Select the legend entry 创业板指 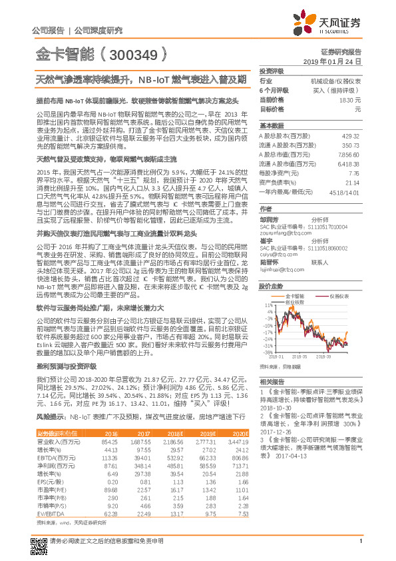(x=297, y=300)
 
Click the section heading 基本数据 (x=271, y=126)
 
